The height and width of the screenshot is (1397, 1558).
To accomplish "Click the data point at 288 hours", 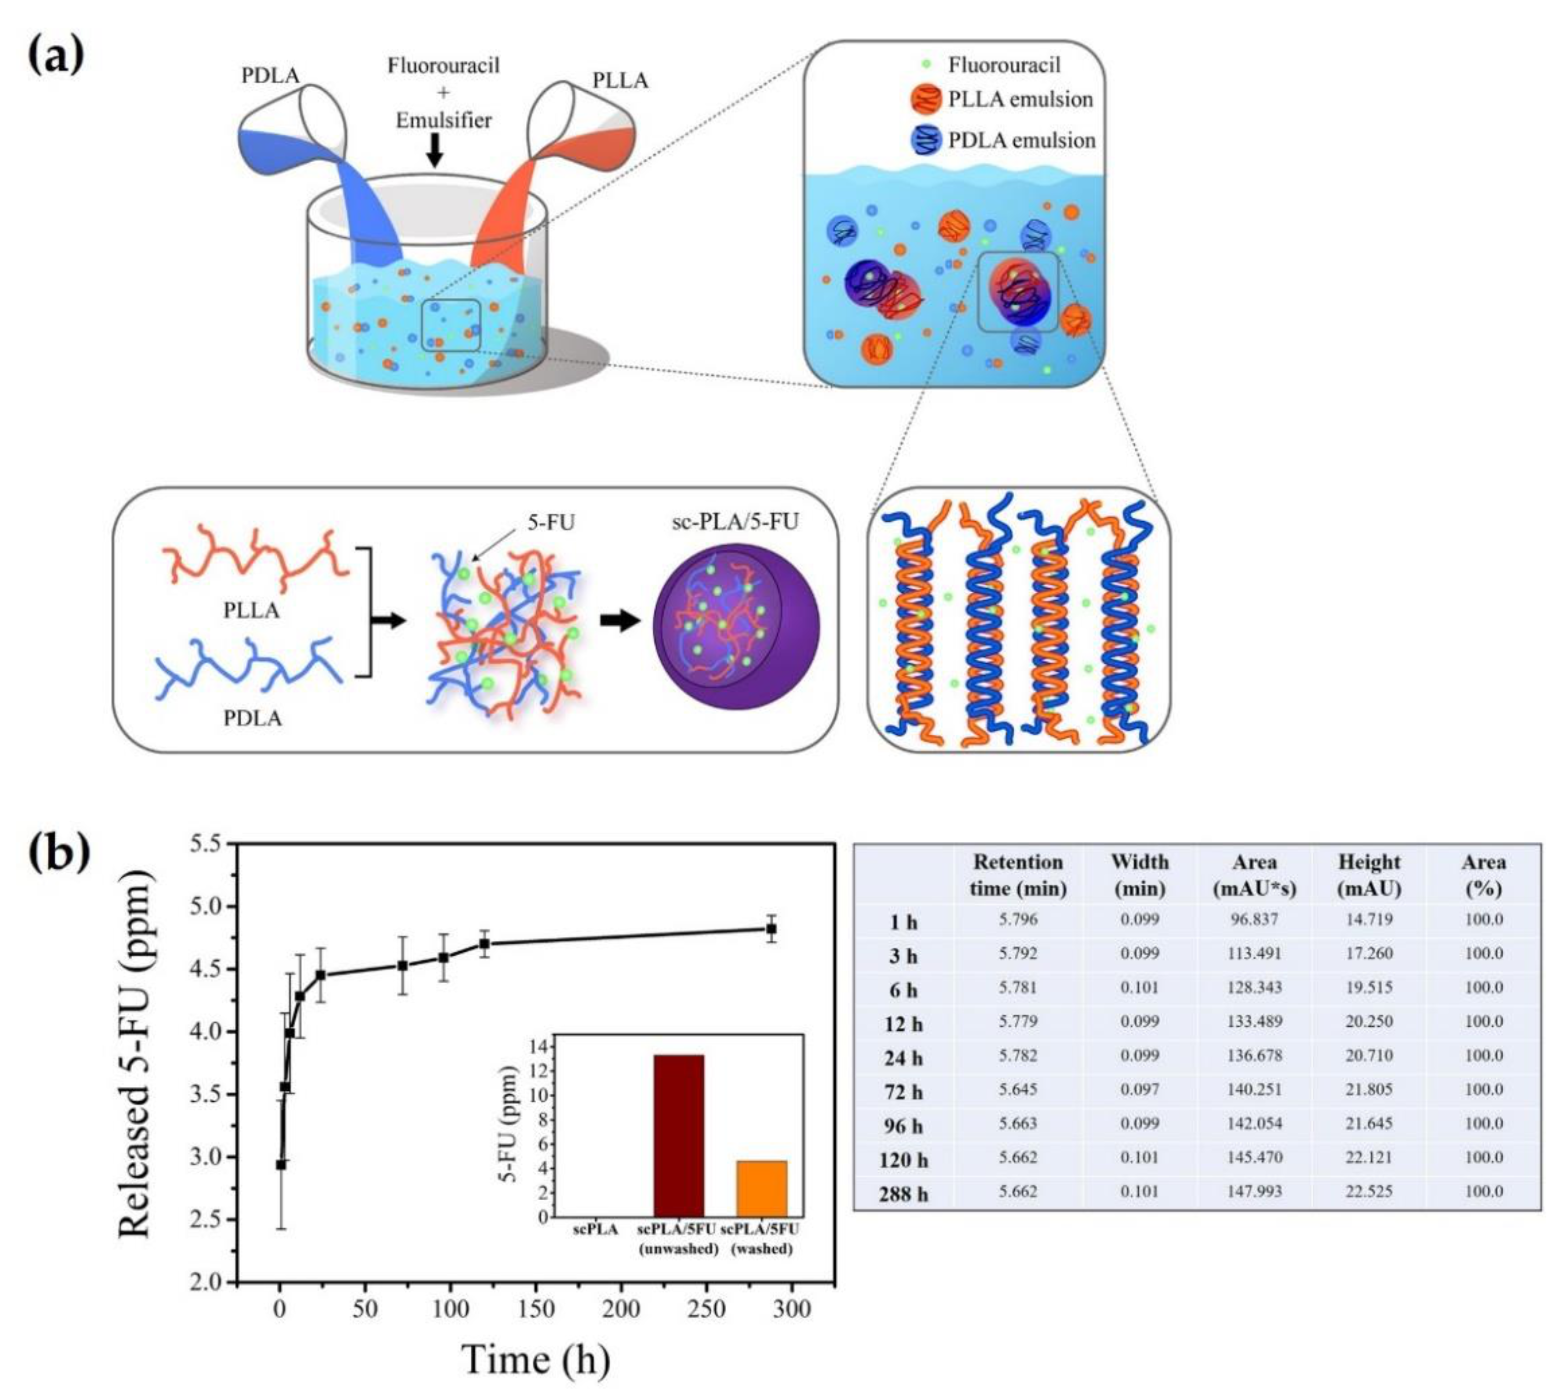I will coord(771,929).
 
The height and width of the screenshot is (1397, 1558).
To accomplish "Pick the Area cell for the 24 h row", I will coord(1254,1055).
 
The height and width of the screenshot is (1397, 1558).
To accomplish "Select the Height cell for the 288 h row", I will coord(1369,1191).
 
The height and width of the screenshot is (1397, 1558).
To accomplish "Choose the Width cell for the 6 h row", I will coord(1140,987).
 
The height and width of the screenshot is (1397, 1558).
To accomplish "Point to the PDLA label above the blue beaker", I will coord(270,76).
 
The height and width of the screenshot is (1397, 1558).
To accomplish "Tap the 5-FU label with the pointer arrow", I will coord(551,523).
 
